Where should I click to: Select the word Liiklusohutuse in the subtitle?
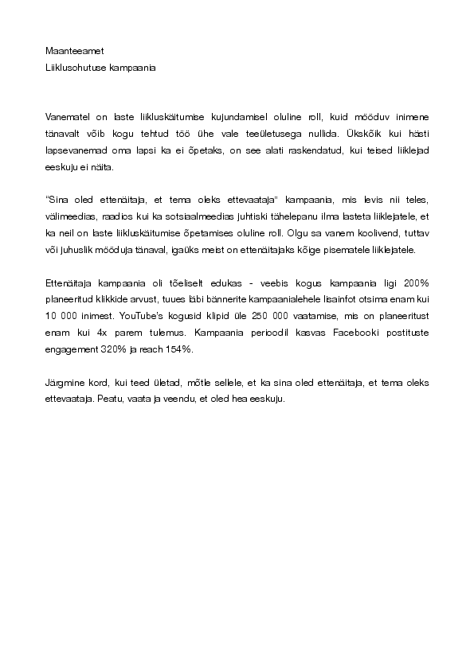[x=72, y=68]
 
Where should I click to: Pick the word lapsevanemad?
[x=73, y=152]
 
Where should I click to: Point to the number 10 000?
[x=62, y=321]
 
